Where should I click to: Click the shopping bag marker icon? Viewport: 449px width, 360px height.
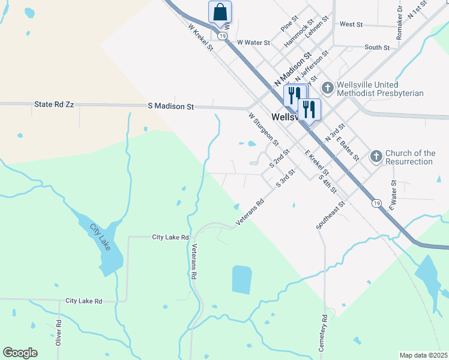coord(220,12)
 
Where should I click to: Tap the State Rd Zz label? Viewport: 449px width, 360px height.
coord(54,104)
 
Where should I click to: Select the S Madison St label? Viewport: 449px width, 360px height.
coord(171,107)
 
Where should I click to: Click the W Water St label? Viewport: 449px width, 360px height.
coord(253,43)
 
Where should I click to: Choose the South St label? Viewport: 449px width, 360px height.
coord(377,47)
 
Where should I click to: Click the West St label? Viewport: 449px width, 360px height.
coord(351,25)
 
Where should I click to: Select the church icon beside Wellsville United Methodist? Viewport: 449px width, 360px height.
coord(328,88)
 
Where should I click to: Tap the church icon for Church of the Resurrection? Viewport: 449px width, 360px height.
coord(376,157)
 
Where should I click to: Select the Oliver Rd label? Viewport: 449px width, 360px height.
coord(59,331)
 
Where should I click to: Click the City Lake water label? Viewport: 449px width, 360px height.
coord(101,237)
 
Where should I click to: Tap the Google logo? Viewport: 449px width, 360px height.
coord(20,353)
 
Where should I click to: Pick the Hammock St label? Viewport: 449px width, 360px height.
coord(298,35)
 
